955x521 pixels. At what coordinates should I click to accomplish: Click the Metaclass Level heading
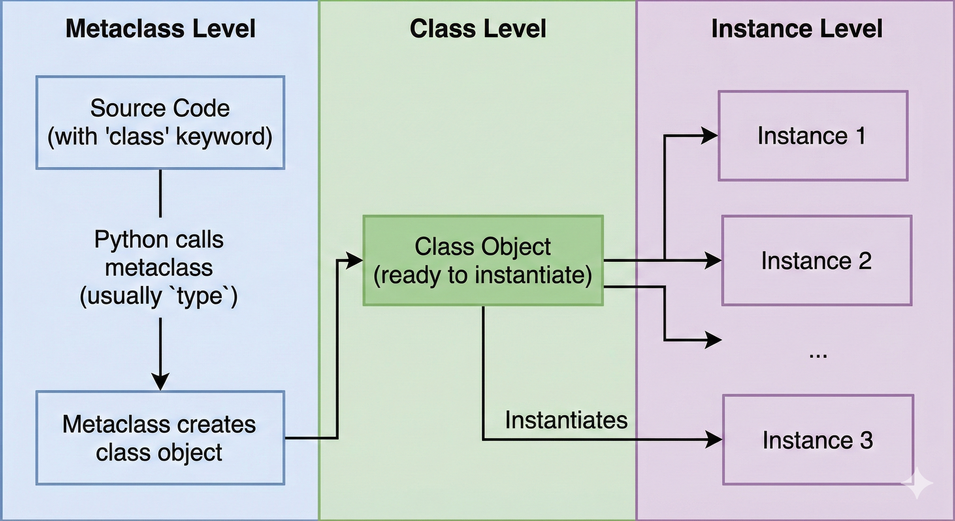coord(160,29)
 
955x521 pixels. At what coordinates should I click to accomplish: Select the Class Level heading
coord(477,29)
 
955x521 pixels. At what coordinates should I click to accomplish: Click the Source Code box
coord(160,122)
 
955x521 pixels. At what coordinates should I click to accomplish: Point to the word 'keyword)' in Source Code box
coord(224,136)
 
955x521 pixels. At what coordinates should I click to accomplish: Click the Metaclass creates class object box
coord(160,438)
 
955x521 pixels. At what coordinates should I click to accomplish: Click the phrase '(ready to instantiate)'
coord(483,275)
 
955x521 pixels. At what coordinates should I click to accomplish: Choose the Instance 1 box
coord(813,136)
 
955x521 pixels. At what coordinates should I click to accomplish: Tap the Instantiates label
coord(566,420)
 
